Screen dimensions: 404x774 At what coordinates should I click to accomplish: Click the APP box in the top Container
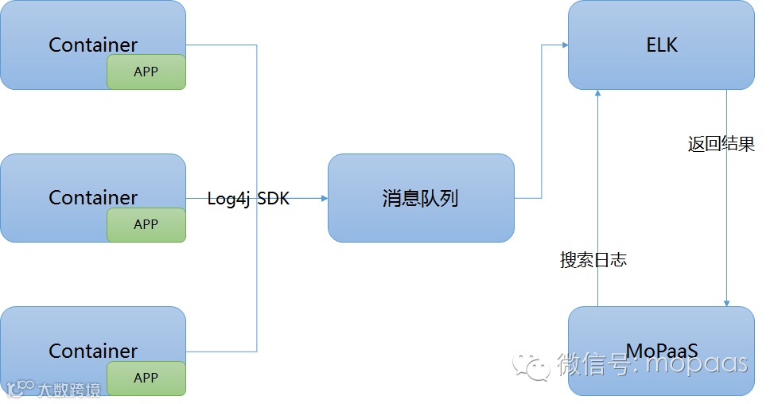[146, 72]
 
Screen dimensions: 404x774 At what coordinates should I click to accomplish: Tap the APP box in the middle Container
[146, 224]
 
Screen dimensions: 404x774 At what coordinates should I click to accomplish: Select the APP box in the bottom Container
[146, 378]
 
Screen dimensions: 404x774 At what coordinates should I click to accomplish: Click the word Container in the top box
[93, 45]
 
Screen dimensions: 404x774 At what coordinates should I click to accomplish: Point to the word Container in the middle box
[93, 198]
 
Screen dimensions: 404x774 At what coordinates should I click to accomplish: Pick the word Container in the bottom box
[93, 351]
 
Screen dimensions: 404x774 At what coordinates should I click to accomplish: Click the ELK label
[662, 45]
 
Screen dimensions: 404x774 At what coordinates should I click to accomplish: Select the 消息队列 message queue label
[421, 199]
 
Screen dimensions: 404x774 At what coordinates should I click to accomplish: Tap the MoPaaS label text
[662, 350]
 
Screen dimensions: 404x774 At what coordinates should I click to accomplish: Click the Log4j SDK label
[248, 199]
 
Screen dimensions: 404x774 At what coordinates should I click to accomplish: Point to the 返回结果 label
[721, 145]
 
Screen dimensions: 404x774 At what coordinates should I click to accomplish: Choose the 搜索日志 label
[593, 260]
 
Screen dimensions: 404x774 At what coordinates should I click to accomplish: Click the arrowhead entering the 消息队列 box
[324, 198]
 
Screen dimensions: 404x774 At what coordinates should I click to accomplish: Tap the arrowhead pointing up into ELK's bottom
[598, 94]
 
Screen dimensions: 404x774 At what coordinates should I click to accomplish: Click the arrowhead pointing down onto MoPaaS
[726, 302]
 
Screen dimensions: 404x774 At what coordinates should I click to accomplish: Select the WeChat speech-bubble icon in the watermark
[531, 365]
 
